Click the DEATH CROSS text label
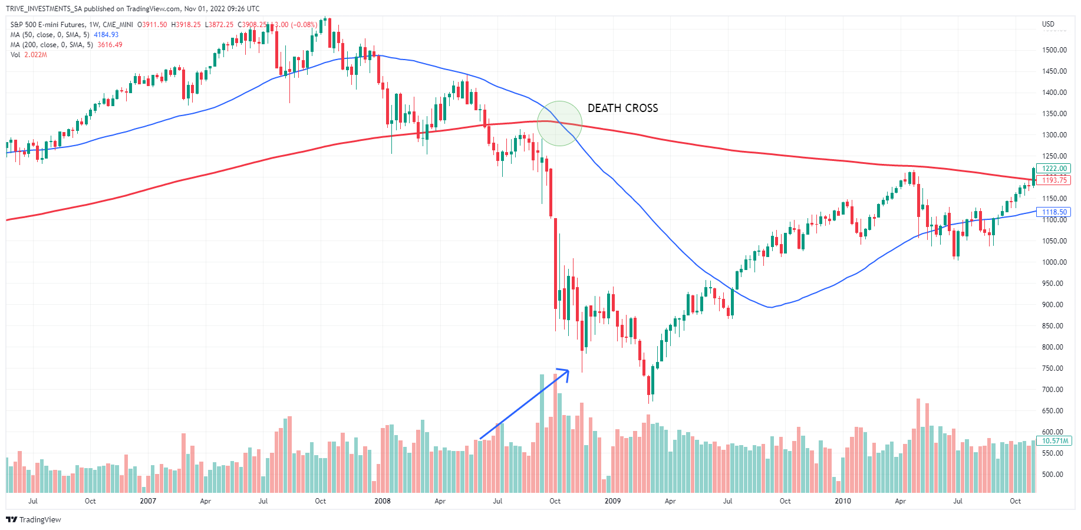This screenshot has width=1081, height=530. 622,108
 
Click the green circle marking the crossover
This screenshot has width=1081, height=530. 559,123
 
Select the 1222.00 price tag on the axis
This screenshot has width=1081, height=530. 1054,169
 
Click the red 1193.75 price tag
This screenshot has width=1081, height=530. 1054,180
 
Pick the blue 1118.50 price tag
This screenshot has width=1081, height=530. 1054,212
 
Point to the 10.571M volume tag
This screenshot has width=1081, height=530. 1055,441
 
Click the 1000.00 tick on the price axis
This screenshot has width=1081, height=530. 1054,262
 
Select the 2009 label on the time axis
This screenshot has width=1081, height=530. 612,501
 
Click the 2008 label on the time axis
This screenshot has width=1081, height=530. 383,501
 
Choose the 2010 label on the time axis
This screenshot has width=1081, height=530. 843,501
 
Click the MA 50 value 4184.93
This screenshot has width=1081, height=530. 106,35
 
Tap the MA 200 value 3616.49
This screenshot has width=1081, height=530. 110,45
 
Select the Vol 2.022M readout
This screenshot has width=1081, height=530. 35,55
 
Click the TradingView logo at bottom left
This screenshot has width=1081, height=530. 34,519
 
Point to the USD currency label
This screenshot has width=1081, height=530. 1048,24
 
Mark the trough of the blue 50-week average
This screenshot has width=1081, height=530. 770,307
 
